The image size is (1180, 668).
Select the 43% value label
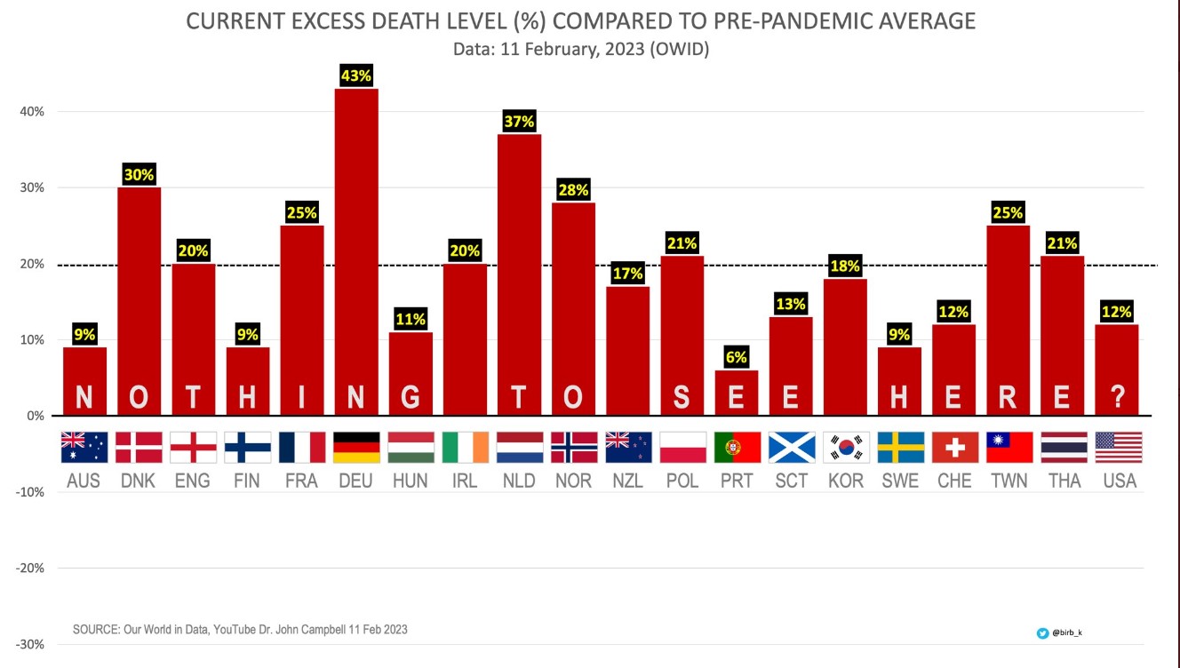point(356,76)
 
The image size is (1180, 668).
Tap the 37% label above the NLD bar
point(519,122)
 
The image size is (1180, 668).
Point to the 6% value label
point(737,358)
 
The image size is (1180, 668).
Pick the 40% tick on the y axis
point(33,112)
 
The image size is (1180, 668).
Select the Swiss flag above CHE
point(955,448)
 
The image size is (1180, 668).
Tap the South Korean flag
point(846,448)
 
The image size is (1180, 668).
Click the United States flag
point(1118,448)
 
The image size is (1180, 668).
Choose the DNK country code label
point(139,481)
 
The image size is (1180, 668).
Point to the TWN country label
point(1009,481)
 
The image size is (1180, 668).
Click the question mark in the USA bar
point(1118,397)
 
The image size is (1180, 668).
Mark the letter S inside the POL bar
point(682,397)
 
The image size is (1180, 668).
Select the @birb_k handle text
point(1067,633)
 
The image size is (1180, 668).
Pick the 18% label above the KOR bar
point(846,266)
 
